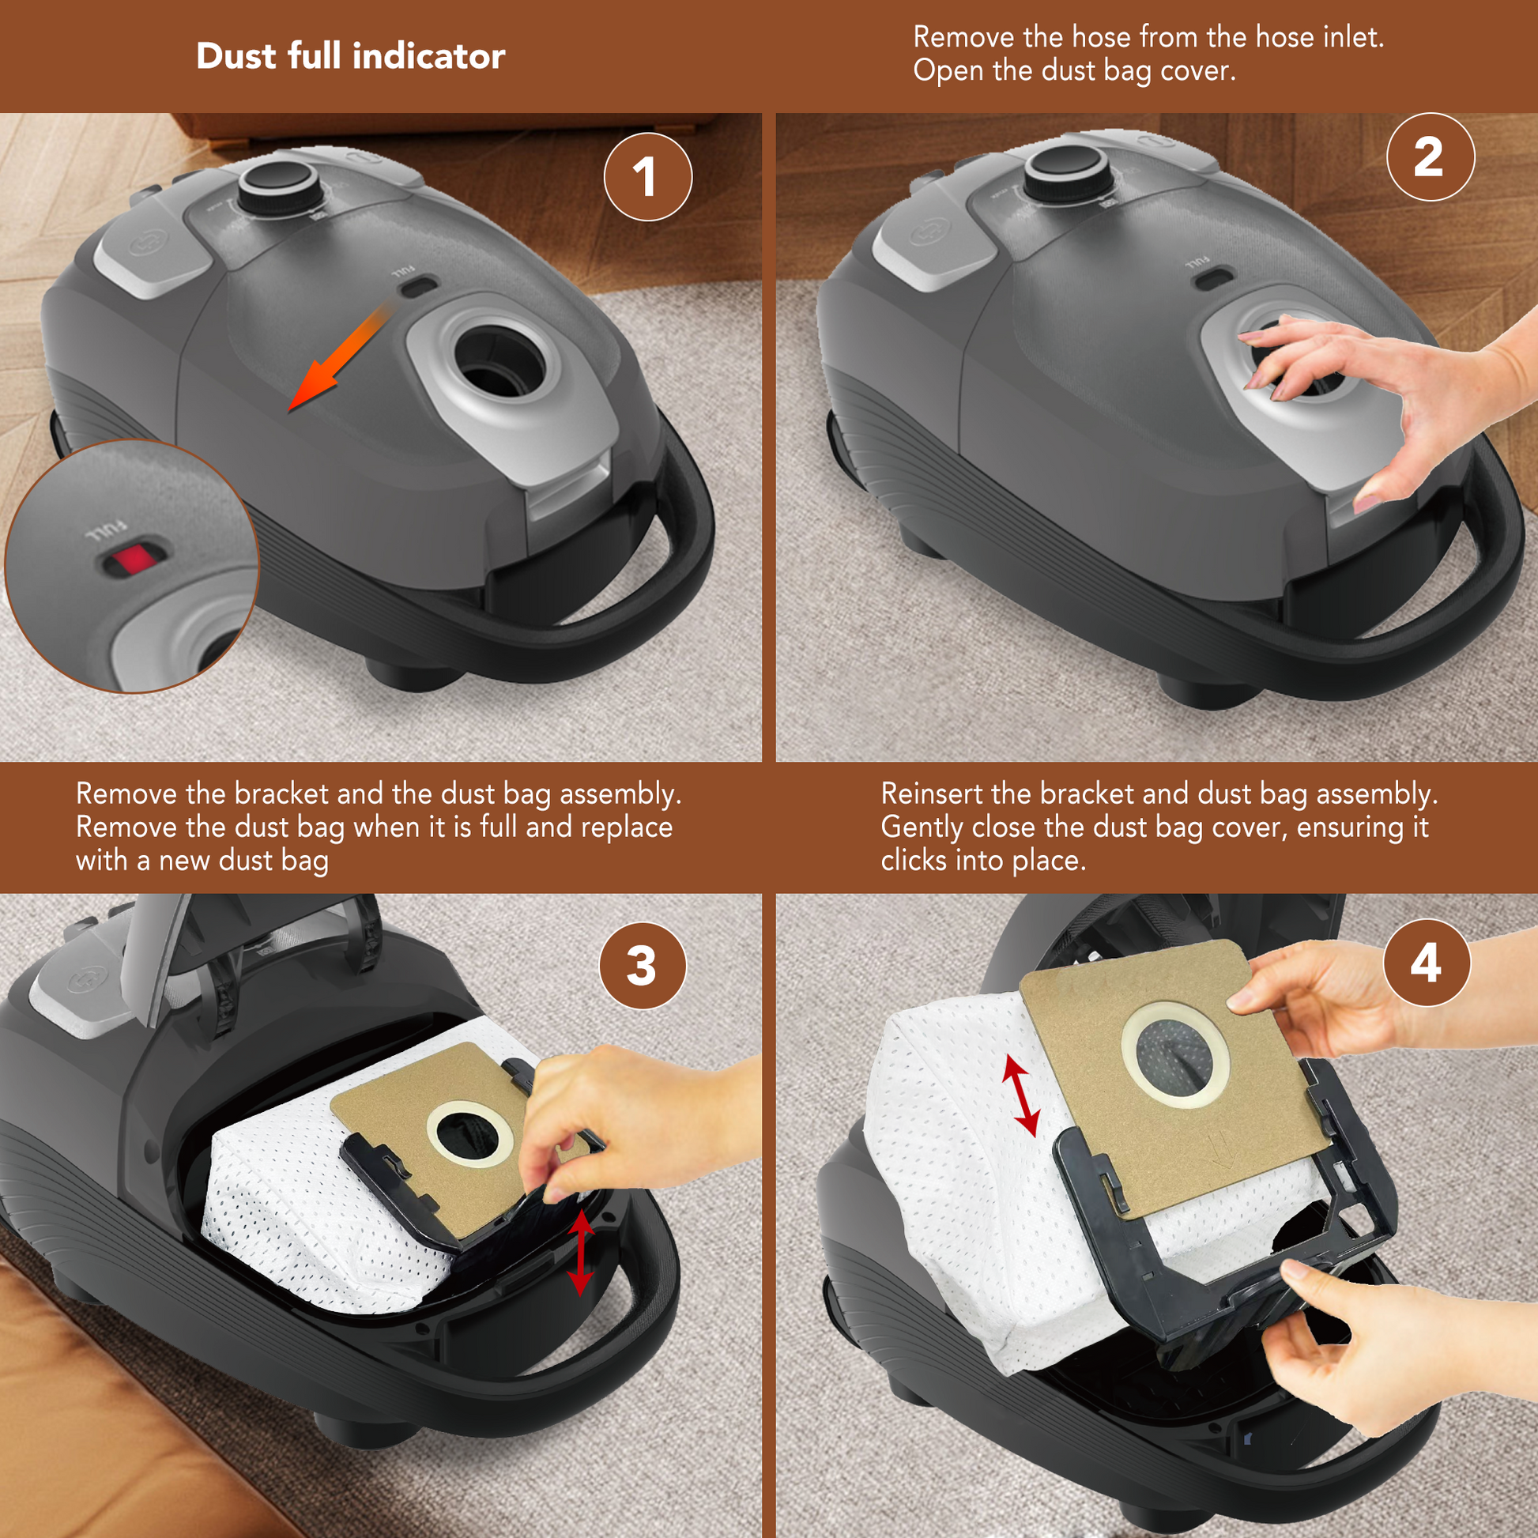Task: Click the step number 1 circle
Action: click(648, 177)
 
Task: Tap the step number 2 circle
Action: click(1431, 156)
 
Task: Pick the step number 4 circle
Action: click(1427, 963)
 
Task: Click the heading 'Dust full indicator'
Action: click(350, 57)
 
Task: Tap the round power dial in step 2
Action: click(1067, 174)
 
